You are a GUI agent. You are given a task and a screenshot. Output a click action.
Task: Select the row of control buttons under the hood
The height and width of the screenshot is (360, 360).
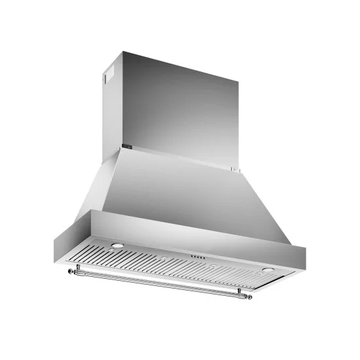[196, 256]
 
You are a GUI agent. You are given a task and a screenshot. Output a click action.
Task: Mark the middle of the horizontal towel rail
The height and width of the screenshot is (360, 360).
[157, 283]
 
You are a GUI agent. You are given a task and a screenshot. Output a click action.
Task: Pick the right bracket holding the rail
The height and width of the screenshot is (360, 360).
[240, 291]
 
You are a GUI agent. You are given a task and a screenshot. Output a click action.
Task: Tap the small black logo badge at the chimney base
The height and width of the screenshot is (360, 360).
[129, 149]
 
